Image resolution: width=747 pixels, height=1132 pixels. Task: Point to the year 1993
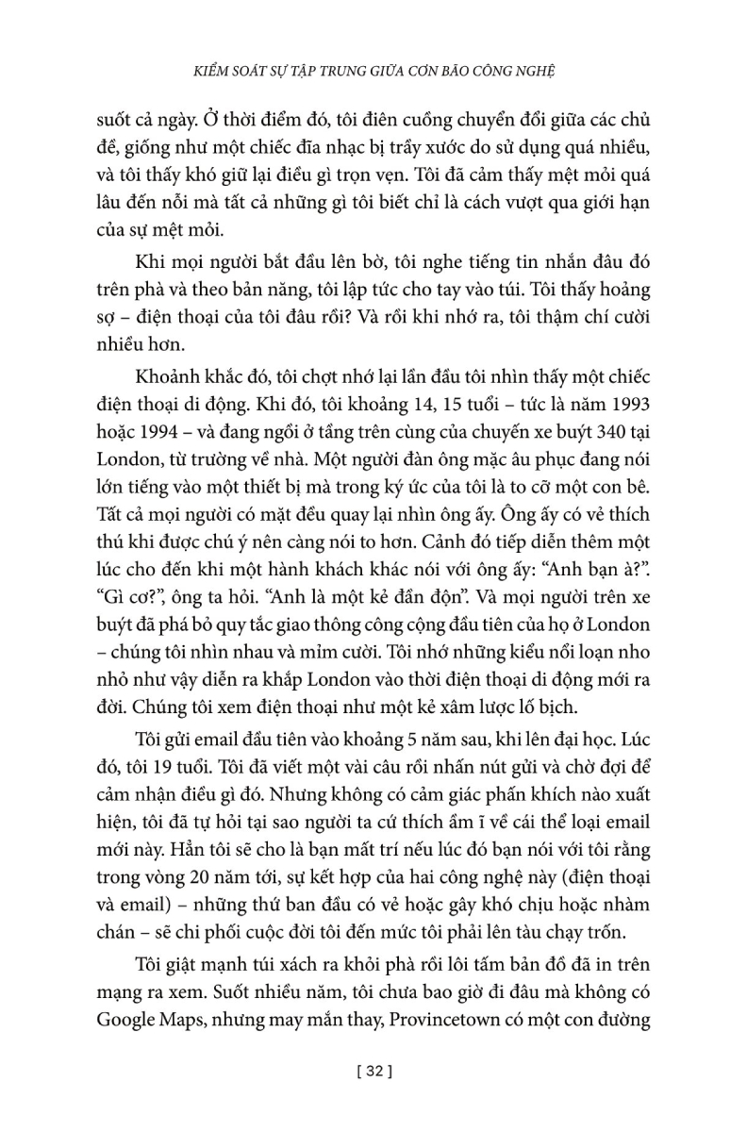coord(627,399)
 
